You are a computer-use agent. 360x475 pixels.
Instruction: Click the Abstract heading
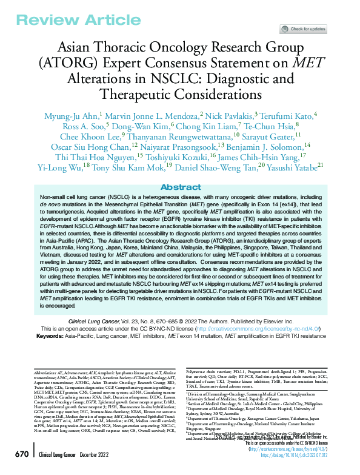coord(180,187)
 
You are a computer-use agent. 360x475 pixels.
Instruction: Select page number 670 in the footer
coord(21,454)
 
